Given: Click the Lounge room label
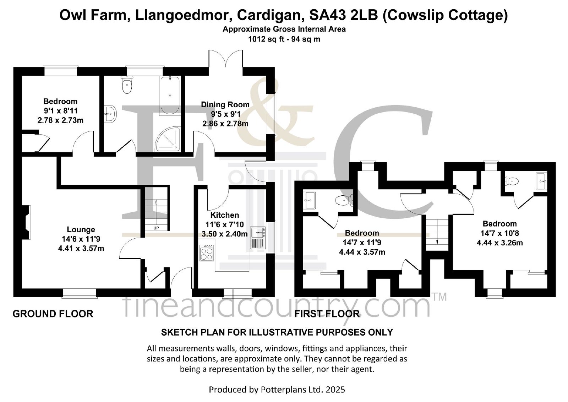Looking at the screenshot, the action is point(81,229).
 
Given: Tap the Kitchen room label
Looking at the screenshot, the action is point(225,215).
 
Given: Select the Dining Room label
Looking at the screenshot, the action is point(225,104).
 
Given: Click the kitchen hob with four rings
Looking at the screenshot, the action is point(206,253).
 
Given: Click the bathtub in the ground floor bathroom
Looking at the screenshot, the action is point(170,95).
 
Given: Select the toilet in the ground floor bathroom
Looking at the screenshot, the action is point(127,85).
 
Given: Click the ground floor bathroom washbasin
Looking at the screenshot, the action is point(110,114).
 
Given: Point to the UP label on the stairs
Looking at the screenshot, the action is point(156,228).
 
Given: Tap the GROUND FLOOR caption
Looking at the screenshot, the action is point(53,314).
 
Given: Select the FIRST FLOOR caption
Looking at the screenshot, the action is point(327,314).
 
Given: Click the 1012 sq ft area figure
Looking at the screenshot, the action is point(266,39).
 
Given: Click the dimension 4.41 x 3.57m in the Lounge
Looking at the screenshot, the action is point(81,248).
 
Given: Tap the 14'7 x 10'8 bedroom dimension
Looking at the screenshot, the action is point(499,233).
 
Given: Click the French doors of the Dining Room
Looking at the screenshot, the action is point(225,59).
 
